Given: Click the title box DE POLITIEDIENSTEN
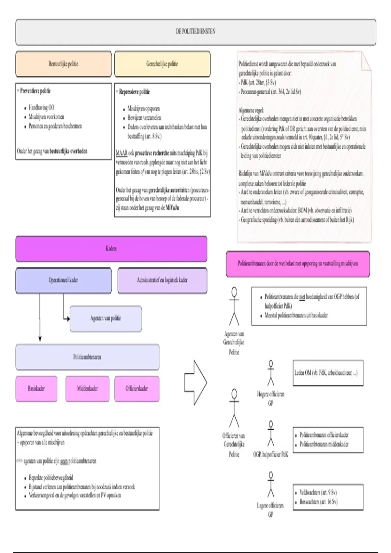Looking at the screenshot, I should (x=195, y=32).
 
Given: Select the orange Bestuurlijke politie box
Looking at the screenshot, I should (x=63, y=64).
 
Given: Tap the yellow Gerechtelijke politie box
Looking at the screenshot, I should (x=162, y=64).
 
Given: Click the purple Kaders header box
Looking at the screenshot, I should (x=111, y=249).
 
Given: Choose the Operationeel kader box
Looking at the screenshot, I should (x=63, y=280).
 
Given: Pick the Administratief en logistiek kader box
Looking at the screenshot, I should (x=162, y=280).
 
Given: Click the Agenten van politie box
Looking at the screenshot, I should (x=106, y=318).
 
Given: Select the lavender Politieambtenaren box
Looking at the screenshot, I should (x=87, y=357).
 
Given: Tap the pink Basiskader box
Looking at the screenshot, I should (x=36, y=388).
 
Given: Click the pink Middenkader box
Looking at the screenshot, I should (x=87, y=388).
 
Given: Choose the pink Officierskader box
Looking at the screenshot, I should (x=137, y=388).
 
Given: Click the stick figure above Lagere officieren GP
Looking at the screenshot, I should (x=270, y=484).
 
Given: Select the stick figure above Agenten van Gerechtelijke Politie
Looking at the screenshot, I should (x=234, y=306).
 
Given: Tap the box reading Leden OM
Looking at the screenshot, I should (x=327, y=373).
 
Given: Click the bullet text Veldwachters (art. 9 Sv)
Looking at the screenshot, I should (x=318, y=492).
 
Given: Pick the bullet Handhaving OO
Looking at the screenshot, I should (x=41, y=107).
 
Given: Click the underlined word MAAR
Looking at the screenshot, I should (x=122, y=153).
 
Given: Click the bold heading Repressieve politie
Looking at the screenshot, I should (x=134, y=92).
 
